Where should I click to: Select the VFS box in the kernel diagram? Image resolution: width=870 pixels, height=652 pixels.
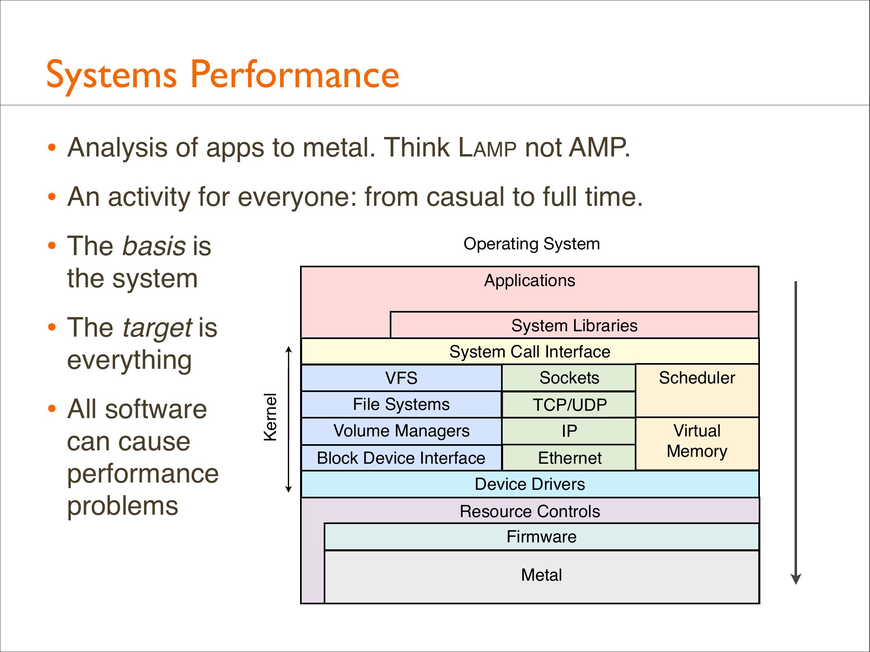pos(401,378)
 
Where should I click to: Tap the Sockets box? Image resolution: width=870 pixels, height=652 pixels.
pos(569,378)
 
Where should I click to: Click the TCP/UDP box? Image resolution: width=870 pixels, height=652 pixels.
pos(569,405)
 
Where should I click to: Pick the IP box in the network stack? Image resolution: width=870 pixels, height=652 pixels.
pos(569,431)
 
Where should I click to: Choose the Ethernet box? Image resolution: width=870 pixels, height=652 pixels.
pos(569,458)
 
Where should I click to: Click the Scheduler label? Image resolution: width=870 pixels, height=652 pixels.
pos(697,378)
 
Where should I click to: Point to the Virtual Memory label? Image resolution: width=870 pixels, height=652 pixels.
pos(697,441)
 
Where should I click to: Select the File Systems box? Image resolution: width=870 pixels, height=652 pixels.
pos(401,404)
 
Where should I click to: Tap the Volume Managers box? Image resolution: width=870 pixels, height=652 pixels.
pos(401,431)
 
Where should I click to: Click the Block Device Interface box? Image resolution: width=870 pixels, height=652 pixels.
pos(401,458)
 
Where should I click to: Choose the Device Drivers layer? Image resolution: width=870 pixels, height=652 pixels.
pos(530,484)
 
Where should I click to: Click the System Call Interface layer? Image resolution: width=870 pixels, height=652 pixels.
pos(530,352)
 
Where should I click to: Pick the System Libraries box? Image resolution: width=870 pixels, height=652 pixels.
pos(574,326)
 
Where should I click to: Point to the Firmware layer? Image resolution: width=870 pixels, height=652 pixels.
pos(541,537)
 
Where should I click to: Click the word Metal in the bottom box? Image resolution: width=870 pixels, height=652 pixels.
pos(541,575)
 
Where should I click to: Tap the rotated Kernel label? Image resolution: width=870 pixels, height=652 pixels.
pos(270,417)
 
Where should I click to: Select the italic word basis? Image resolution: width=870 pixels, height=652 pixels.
pos(155,247)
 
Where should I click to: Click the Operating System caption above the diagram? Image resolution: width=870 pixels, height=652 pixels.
pos(532,244)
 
